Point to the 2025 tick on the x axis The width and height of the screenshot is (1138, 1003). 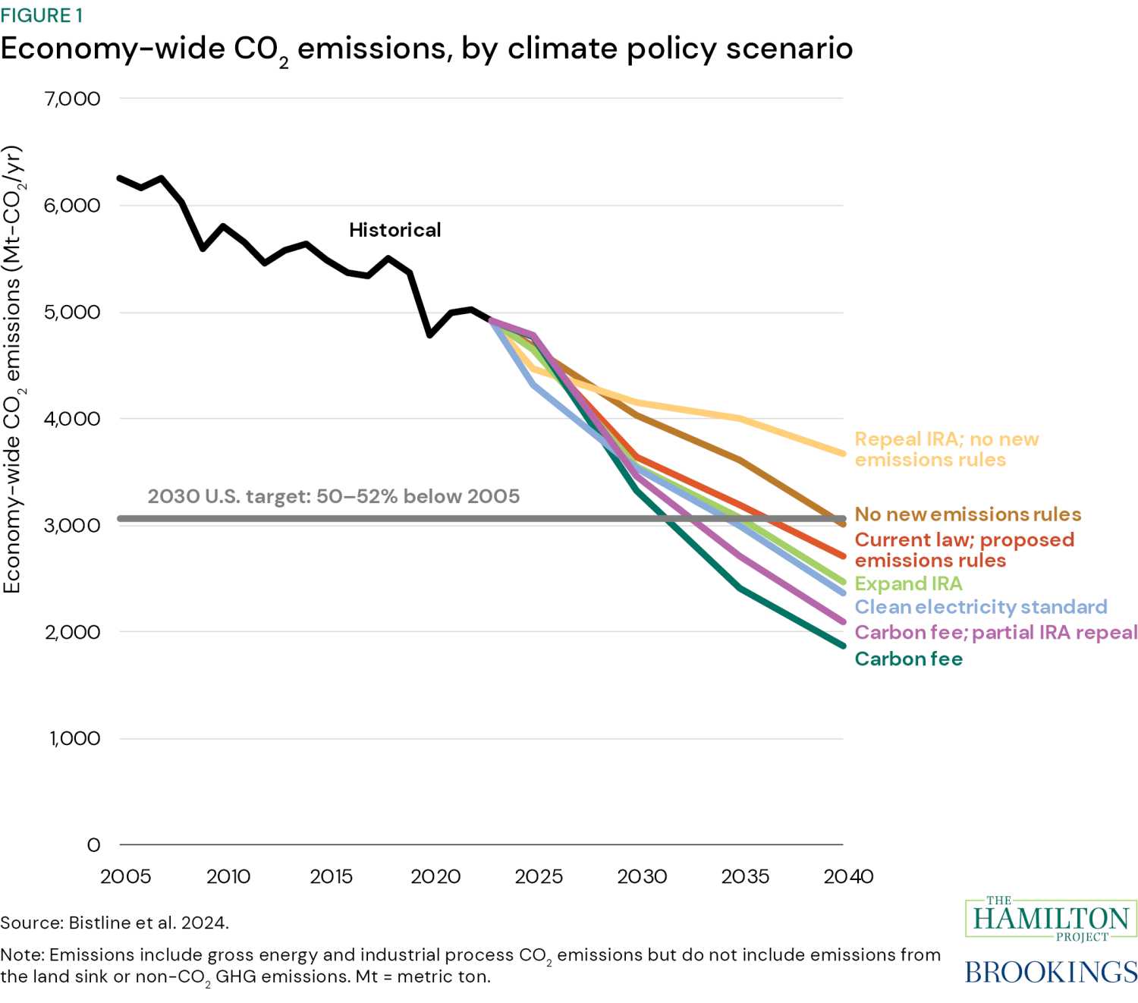pyautogui.click(x=539, y=876)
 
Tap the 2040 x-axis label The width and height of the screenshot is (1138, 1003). pyautogui.click(x=848, y=876)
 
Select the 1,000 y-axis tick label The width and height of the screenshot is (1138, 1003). pyautogui.click(x=74, y=738)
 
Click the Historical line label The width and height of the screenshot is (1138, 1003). pyautogui.click(x=395, y=230)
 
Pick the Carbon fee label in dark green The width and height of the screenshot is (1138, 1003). pyautogui.click(x=908, y=659)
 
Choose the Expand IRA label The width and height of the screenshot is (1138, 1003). pyautogui.click(x=908, y=583)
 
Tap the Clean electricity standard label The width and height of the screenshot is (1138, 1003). pyautogui.click(x=980, y=607)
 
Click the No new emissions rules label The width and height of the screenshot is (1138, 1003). pyautogui.click(x=967, y=514)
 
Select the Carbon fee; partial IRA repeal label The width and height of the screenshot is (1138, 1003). pyautogui.click(x=995, y=633)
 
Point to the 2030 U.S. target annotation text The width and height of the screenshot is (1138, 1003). pyautogui.click(x=334, y=496)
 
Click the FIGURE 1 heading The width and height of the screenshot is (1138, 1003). pyautogui.click(x=42, y=15)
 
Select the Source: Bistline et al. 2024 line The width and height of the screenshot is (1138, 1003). pyautogui.click(x=115, y=923)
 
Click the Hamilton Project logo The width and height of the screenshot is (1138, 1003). pyautogui.click(x=1051, y=920)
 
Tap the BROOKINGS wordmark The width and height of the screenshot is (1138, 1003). pyautogui.click(x=1051, y=972)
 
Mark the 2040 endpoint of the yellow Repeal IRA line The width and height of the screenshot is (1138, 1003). pyautogui.click(x=843, y=454)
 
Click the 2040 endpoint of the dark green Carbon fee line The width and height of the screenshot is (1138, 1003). pyautogui.click(x=843, y=646)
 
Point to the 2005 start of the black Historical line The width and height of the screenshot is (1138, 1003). pyautogui.click(x=120, y=178)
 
